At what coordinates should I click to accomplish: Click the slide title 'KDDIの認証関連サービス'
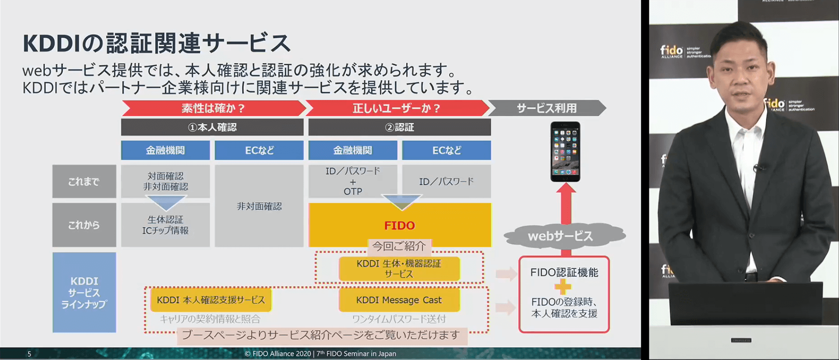pos(156,43)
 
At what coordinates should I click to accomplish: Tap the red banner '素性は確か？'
pos(213,108)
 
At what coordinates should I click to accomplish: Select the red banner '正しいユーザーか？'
pos(397,108)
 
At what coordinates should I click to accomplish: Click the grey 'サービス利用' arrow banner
pos(546,108)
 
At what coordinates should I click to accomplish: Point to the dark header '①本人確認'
pos(212,127)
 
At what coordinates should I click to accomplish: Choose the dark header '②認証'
pos(399,127)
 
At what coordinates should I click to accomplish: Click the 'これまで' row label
pos(84,181)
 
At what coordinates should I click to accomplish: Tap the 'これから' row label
pos(84,225)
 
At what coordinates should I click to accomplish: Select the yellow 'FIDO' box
pos(399,225)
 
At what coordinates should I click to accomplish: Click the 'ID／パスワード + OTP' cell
pos(353,181)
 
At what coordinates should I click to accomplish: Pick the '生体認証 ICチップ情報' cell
pos(165,225)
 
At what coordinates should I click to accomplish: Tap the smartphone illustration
pos(565,152)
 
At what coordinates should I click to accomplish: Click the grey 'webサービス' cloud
pos(561,236)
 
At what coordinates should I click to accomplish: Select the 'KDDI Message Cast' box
pos(399,300)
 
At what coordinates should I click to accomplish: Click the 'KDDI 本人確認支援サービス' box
pos(211,300)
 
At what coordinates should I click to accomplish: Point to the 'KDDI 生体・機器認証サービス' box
pos(399,268)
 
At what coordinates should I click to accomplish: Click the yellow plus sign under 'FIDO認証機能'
pos(563,287)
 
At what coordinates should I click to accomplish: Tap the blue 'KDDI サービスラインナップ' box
pos(84,292)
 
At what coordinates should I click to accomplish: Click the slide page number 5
pos(29,354)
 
